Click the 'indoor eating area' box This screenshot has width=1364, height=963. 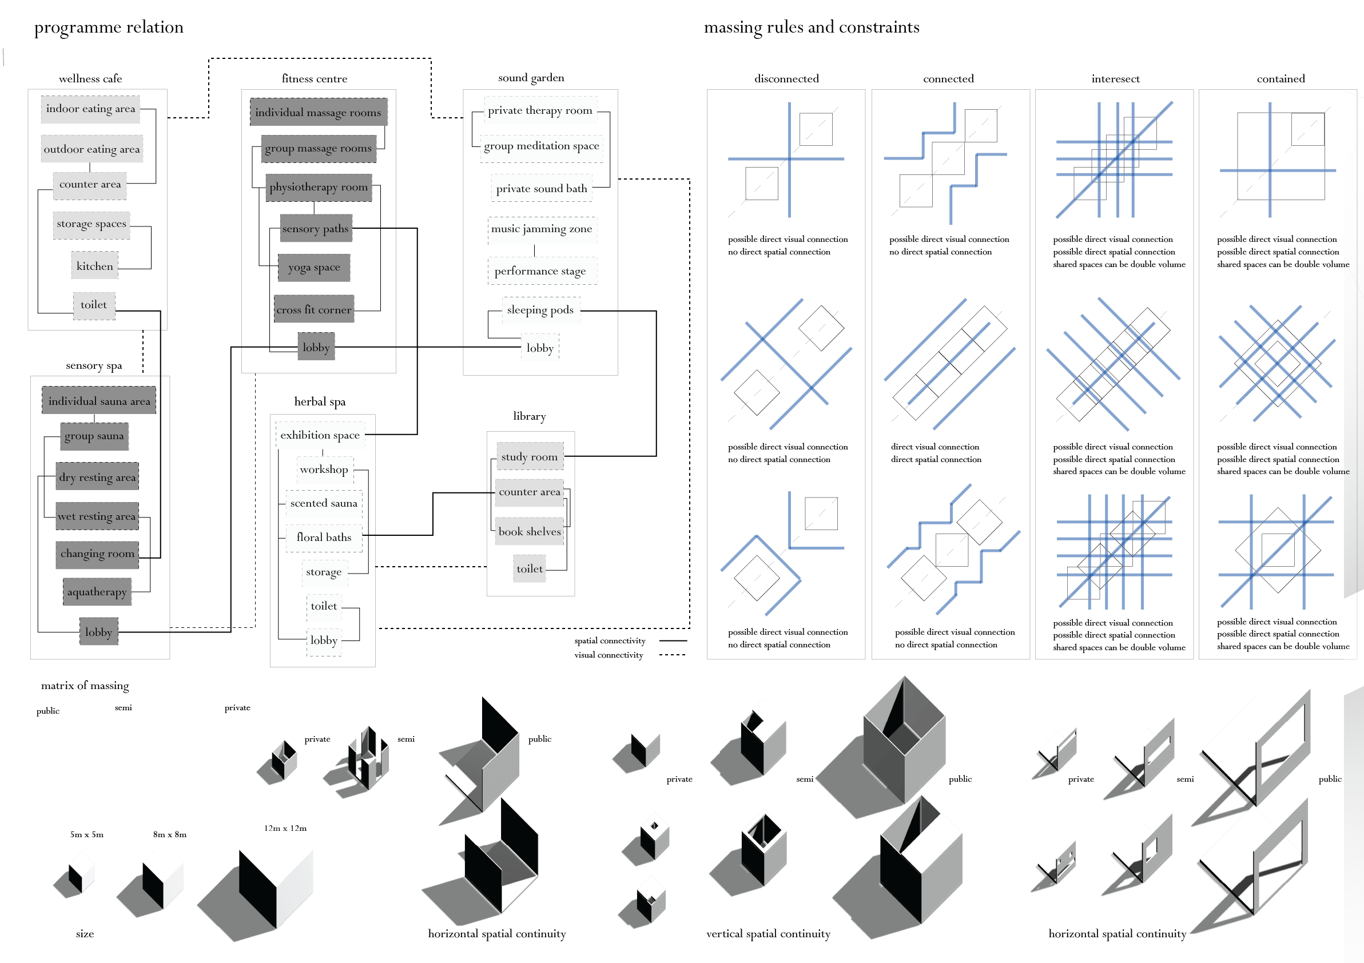point(90,109)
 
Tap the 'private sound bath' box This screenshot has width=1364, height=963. point(541,188)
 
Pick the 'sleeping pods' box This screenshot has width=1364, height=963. point(540,310)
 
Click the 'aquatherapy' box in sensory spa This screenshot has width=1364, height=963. point(97,592)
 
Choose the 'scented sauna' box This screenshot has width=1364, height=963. point(324,503)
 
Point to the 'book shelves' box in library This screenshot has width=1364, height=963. point(530,532)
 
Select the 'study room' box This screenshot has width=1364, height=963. point(530,456)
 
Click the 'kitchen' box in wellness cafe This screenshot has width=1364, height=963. point(94,266)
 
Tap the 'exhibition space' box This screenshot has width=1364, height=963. point(320,435)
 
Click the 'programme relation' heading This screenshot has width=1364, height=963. point(109,27)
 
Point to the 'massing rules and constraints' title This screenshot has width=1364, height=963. point(812,27)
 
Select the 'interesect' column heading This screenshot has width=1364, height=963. point(1115,78)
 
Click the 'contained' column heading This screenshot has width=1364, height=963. point(1281,78)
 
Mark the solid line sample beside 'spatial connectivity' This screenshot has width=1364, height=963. point(673,640)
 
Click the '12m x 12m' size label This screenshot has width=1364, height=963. point(285,828)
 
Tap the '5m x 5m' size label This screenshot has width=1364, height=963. point(87,835)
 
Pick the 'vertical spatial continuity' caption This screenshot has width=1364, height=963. point(768,934)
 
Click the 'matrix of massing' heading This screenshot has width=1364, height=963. point(85,686)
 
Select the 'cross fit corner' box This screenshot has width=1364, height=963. point(313,309)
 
